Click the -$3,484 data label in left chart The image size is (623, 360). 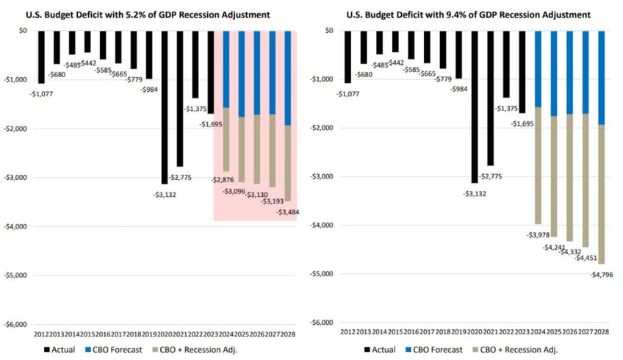tap(284, 212)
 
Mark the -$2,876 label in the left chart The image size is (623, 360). tap(223, 180)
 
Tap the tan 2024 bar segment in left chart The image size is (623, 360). tap(226, 139)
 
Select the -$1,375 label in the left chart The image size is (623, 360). tap(195, 108)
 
